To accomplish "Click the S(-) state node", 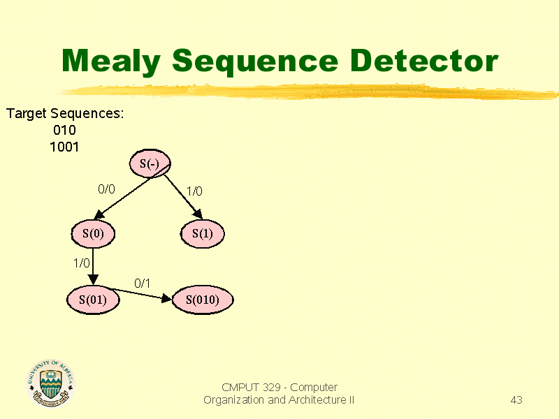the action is coord(150,163).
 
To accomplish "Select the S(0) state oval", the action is coord(93,234).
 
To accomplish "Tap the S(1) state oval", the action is coord(203,234).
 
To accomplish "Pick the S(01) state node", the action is coord(93,300).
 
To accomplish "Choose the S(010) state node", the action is coord(203,300).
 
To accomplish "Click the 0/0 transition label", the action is coord(107,189).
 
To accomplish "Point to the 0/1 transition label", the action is coord(143,284).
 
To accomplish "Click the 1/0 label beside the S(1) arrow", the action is coord(194,191).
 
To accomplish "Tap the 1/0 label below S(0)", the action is coord(82,263).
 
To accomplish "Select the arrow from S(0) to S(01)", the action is coord(93,267).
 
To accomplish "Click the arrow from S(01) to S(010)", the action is coord(140,294).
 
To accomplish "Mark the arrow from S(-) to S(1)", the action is coord(183,196).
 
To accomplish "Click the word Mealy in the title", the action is coord(111,61).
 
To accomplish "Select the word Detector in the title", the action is coord(424,60).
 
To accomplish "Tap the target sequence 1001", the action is coord(64,147).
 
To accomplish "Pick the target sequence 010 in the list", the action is coord(64,130).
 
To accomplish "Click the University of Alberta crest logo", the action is coord(50,383).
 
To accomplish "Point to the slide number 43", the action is coord(516,399).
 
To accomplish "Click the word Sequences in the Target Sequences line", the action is coord(87,114).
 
